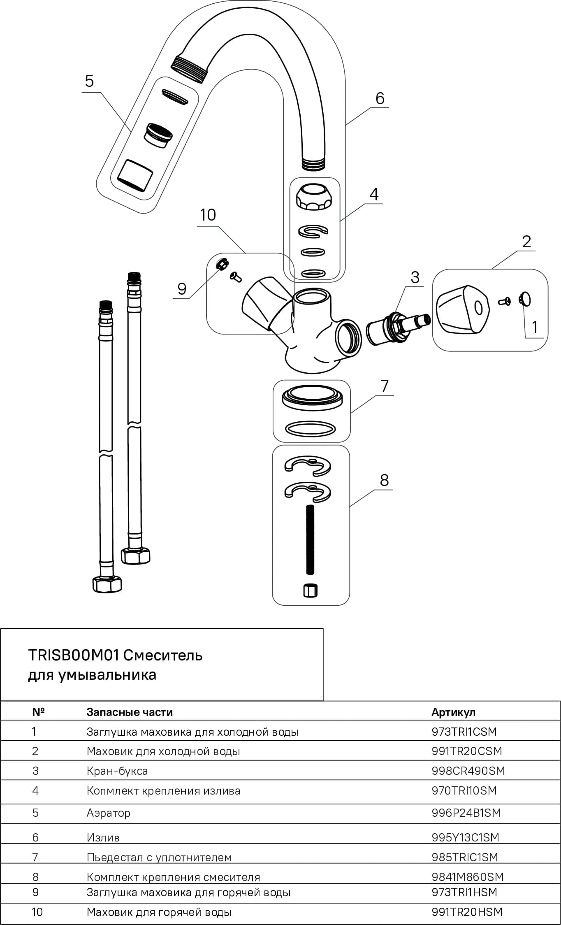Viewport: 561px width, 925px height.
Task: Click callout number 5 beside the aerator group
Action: (x=89, y=81)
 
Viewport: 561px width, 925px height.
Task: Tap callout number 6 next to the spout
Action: (x=380, y=99)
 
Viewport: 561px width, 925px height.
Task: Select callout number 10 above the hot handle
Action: (x=208, y=215)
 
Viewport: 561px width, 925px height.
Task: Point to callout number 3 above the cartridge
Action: (x=415, y=277)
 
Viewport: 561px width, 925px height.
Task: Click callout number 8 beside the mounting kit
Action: (x=384, y=480)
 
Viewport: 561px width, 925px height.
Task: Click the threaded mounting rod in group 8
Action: (x=311, y=539)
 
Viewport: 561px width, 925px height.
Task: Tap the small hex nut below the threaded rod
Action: (x=311, y=590)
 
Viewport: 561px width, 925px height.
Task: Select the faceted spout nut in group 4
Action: (x=314, y=197)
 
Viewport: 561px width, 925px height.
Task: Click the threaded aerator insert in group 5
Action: (x=158, y=135)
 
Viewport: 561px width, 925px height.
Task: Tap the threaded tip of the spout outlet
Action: (x=189, y=69)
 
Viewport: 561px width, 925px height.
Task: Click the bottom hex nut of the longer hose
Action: (x=107, y=584)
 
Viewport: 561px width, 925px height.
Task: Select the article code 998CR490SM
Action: (x=468, y=771)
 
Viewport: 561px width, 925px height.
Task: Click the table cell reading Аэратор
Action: (x=109, y=813)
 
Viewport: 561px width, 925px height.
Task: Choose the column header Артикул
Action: (x=453, y=712)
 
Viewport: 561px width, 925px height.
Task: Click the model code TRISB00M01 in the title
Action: (x=74, y=655)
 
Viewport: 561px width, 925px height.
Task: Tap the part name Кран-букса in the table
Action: (x=117, y=771)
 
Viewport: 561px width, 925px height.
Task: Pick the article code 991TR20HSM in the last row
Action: (x=467, y=912)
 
